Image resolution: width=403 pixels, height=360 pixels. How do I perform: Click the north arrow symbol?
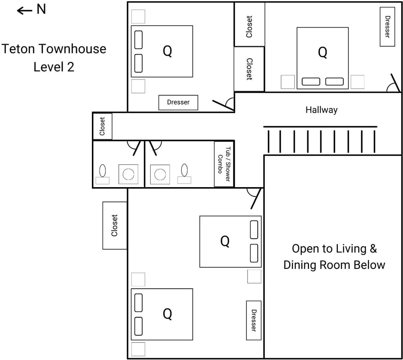tap(24, 10)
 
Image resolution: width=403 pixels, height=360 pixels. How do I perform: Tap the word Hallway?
tap(321, 110)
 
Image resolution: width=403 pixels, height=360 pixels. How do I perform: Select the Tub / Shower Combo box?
tap(224, 164)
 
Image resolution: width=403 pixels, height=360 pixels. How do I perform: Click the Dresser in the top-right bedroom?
tap(387, 27)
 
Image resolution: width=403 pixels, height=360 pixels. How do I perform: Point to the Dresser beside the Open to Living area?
tap(254, 320)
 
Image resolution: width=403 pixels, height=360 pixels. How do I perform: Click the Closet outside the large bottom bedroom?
tap(115, 225)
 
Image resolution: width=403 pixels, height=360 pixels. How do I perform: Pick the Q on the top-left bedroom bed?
tap(167, 51)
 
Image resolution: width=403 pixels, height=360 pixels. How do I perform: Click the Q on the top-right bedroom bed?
tap(322, 52)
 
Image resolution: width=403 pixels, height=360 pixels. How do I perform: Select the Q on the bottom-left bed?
tap(167, 314)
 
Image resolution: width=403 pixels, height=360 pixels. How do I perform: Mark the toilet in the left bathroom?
tap(102, 171)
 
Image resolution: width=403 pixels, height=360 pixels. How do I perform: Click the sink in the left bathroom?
tap(128, 174)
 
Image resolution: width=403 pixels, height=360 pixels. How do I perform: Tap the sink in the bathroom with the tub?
tap(160, 174)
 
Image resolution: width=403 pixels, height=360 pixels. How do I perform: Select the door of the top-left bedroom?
tap(223, 105)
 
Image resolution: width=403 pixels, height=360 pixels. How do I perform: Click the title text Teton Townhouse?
tap(54, 49)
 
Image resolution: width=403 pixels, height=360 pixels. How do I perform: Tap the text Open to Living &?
tap(334, 249)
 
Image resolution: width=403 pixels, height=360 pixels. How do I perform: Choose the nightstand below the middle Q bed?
tap(254, 277)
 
